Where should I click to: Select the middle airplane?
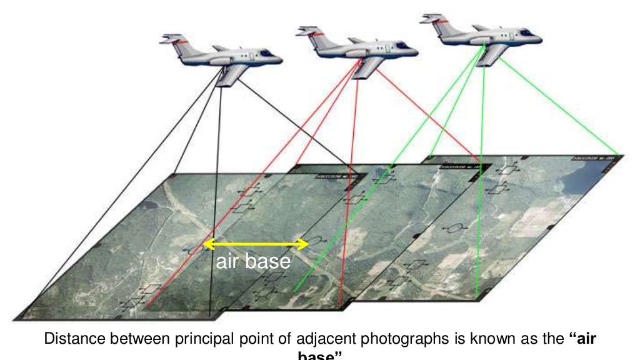click(x=356, y=48)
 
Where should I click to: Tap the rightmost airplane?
click(x=481, y=35)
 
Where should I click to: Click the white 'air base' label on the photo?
click(x=253, y=261)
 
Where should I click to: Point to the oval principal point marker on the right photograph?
click(x=456, y=228)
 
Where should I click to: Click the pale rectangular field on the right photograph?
click(x=535, y=222)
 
